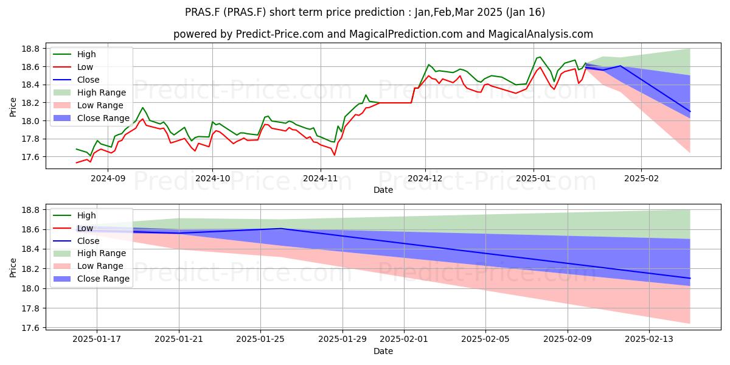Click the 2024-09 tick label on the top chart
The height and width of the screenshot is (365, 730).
click(108, 179)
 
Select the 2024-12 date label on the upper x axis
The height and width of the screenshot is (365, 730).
click(425, 179)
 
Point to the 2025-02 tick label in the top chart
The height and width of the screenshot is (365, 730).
click(641, 179)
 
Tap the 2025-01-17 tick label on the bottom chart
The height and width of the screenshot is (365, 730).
click(97, 339)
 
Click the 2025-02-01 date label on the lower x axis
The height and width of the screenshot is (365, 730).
click(404, 339)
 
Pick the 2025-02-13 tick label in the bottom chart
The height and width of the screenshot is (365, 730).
click(649, 339)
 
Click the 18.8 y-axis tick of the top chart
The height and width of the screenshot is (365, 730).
click(30, 49)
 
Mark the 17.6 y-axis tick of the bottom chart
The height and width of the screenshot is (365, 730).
click(30, 328)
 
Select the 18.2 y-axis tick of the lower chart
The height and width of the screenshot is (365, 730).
click(30, 269)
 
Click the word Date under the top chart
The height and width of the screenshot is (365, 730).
click(383, 190)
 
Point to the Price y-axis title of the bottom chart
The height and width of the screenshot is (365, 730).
click(13, 268)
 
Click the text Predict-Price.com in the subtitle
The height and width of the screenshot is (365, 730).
click(280, 34)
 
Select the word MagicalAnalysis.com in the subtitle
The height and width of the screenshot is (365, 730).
click(540, 34)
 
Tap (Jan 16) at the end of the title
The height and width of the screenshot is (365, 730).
click(526, 12)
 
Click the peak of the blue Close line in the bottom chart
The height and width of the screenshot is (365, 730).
click(282, 229)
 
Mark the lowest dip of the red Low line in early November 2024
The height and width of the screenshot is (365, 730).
click(335, 155)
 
